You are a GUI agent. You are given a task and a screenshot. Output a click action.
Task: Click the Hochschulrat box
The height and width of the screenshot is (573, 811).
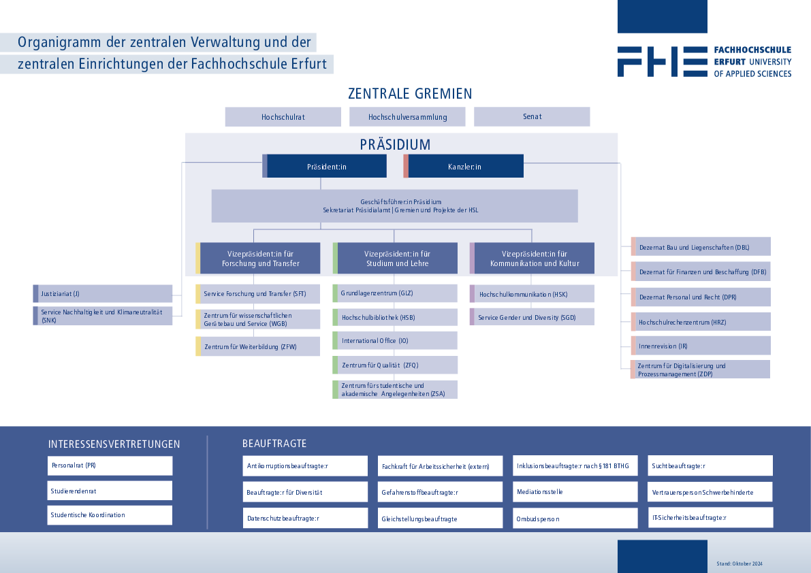click(x=283, y=117)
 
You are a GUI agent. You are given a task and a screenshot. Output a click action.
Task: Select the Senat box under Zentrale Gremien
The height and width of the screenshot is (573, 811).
click(x=532, y=117)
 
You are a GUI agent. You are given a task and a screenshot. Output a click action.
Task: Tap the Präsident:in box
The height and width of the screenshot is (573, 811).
click(x=324, y=166)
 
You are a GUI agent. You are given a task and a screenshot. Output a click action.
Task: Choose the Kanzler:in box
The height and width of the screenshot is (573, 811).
click(x=464, y=166)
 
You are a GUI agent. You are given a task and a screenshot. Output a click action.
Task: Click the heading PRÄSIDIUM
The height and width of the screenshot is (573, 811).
click(x=395, y=144)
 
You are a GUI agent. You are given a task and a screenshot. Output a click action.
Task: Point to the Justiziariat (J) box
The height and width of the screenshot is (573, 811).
click(x=102, y=293)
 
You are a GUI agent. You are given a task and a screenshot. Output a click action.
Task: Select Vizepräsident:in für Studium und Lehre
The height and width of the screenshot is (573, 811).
click(x=395, y=259)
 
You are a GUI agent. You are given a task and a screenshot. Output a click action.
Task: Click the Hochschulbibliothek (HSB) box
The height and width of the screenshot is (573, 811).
click(x=395, y=317)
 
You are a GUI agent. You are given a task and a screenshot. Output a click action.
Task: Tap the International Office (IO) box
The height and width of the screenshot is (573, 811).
click(x=395, y=340)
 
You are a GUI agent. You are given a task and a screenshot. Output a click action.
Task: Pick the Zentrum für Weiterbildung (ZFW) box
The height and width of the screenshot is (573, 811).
click(x=257, y=346)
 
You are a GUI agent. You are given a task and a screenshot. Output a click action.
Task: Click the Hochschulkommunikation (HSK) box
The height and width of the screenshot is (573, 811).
click(x=532, y=294)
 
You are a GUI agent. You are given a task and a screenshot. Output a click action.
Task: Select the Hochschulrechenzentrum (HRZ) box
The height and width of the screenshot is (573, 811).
click(x=701, y=322)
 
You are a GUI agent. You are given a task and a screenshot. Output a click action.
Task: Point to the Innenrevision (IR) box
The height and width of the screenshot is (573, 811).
click(x=701, y=346)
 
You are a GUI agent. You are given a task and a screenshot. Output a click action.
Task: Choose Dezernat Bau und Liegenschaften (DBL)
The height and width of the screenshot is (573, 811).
click(x=701, y=247)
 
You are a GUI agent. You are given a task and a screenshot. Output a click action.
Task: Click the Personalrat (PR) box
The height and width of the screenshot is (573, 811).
click(x=110, y=465)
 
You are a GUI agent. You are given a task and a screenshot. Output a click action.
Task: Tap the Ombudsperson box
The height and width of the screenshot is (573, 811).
click(x=575, y=519)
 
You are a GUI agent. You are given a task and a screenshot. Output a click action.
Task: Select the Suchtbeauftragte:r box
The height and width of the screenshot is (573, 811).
click(x=710, y=465)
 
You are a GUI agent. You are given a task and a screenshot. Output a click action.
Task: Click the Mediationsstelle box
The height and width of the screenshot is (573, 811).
click(x=575, y=492)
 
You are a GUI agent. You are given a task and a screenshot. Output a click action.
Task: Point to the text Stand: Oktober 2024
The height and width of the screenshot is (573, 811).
click(x=740, y=563)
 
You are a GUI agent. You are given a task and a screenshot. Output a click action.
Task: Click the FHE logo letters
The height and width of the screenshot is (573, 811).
click(x=663, y=61)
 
